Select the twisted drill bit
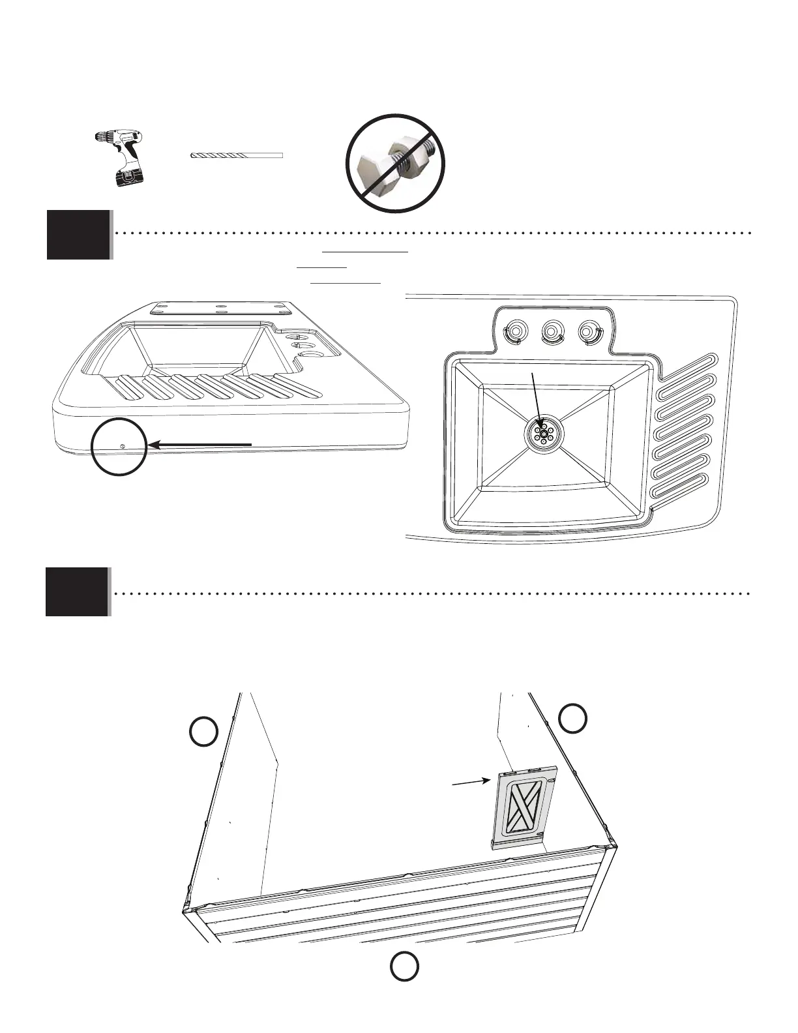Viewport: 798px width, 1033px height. point(236,156)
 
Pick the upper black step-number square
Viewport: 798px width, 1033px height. point(78,235)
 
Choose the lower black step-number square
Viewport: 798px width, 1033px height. point(77,591)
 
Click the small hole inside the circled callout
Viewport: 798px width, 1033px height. point(123,445)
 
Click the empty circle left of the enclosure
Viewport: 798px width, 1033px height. point(203,731)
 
